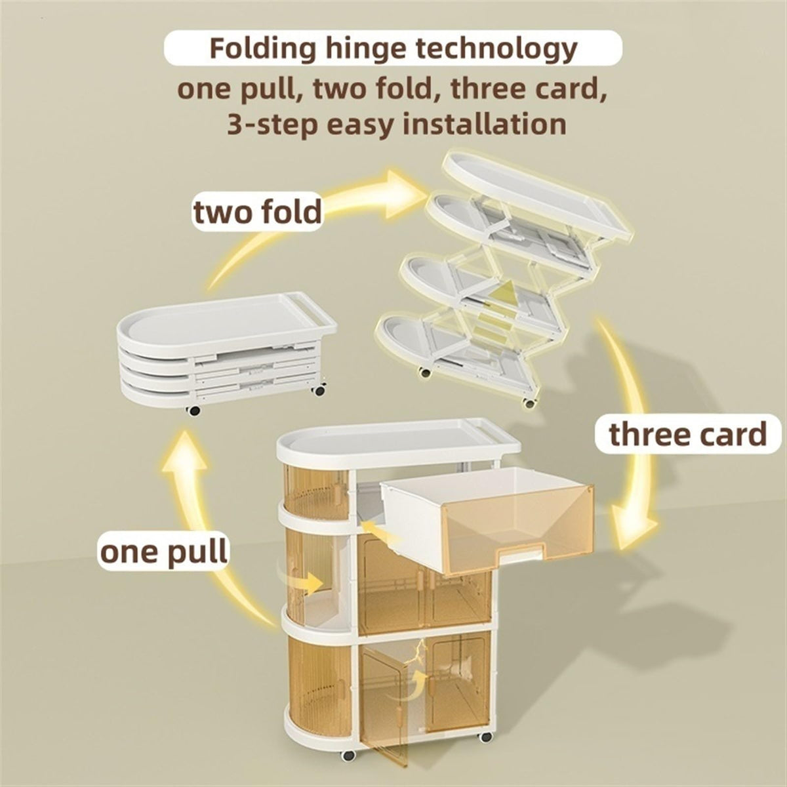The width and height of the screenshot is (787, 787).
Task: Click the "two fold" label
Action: [258, 212]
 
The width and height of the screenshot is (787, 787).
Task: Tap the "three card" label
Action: [688, 435]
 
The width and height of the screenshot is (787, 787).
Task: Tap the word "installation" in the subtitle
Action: [485, 124]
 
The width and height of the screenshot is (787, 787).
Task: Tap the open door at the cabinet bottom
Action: [384, 702]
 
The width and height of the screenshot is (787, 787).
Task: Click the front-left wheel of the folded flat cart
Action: [193, 410]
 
